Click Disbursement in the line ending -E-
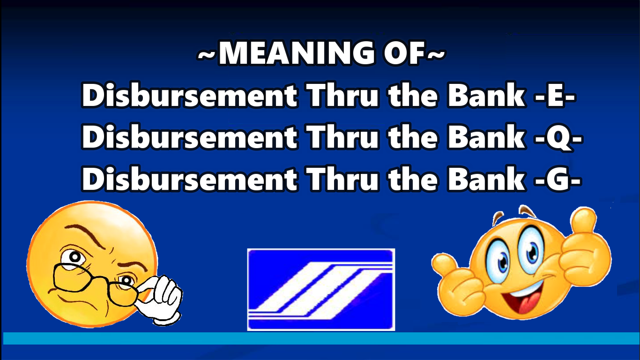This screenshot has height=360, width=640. coord(189,96)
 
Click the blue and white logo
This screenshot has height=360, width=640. coord(321,289)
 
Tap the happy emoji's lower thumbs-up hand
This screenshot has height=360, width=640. coord(457,277)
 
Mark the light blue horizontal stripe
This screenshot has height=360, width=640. coord(320,338)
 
